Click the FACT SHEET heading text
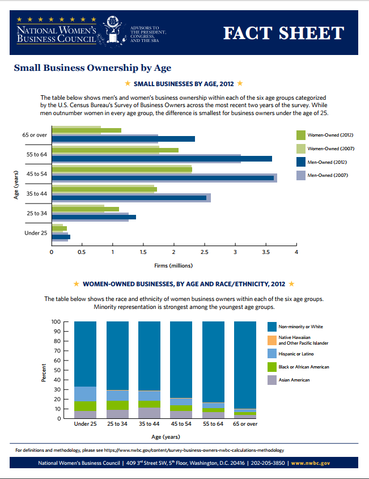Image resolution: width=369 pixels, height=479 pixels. [283, 33]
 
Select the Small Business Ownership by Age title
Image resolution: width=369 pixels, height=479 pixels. [92, 68]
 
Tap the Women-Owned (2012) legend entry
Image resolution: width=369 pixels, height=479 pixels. [329, 135]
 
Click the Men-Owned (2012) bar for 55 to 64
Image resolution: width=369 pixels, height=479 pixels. [162, 159]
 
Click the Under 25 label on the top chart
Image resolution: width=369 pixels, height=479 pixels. [36, 233]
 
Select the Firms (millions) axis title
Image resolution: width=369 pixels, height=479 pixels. [173, 265]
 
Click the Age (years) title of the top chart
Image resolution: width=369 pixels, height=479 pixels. [16, 184]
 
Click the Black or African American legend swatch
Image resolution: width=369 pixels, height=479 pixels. [272, 367]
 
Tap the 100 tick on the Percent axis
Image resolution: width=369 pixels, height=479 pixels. [56, 321]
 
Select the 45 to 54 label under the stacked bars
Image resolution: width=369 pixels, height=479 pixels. [181, 424]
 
